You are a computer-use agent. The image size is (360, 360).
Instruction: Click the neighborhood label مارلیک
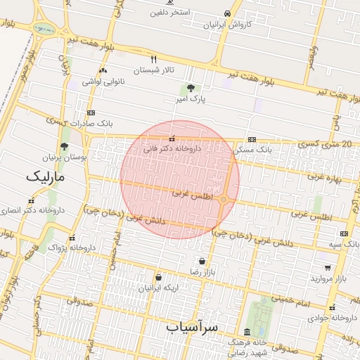[x=44, y=177]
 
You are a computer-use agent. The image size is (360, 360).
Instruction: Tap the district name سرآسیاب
[x=193, y=327]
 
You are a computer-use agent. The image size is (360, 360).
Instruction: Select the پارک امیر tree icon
[x=191, y=89]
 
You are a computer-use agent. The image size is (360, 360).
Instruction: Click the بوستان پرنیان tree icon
[x=65, y=147]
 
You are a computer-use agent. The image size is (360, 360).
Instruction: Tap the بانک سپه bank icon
[x=344, y=233]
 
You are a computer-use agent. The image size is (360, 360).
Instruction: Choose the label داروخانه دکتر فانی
[x=172, y=149]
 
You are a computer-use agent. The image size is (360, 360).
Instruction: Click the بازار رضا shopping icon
[x=202, y=261]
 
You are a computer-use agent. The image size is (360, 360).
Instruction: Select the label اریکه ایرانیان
[x=158, y=288]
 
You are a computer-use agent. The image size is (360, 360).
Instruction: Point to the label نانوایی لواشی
[x=103, y=82]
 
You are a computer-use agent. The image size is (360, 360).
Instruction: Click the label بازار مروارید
[x=326, y=279]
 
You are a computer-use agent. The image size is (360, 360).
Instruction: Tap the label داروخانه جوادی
[x=332, y=318]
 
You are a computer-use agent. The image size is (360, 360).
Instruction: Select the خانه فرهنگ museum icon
[x=246, y=332]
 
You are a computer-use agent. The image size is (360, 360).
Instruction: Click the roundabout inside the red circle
[x=223, y=200]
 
